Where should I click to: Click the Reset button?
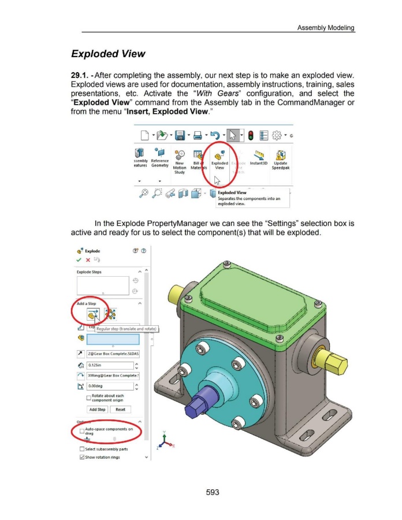(x=120, y=409)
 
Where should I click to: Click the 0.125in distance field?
(x=112, y=365)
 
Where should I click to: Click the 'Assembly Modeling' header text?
(x=325, y=28)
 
